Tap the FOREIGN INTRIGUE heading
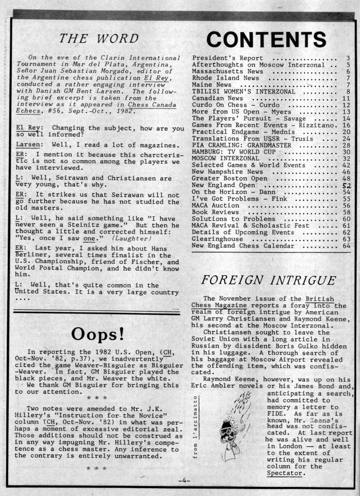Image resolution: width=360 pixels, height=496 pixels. coord(269,280)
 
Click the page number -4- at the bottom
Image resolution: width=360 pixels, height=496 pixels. coord(184,481)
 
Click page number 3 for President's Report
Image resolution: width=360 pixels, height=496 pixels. coord(348,59)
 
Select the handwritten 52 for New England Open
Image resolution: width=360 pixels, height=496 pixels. coord(346,185)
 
